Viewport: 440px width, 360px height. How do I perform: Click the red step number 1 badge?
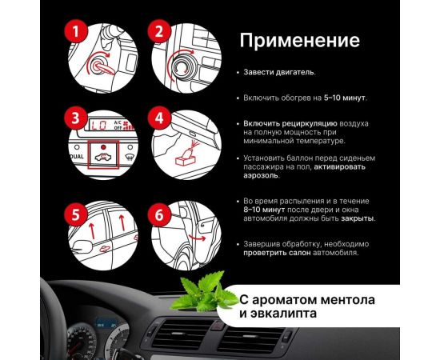coord(76,31)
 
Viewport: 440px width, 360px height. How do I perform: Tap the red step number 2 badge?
coord(159,31)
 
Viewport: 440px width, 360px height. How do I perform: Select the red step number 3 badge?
coord(76,118)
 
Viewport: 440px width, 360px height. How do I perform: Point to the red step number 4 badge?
coord(159,118)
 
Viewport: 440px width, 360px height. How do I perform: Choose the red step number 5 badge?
coord(76,214)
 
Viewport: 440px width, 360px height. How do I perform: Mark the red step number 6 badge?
coord(159,214)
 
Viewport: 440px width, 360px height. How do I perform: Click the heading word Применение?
coord(300,41)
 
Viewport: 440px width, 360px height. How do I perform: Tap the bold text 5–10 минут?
coord(345,98)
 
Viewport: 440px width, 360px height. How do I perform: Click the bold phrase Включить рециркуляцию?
coord(290,124)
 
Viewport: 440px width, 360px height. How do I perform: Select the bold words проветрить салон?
coord(277,253)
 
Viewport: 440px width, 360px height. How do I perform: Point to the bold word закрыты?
coord(358,218)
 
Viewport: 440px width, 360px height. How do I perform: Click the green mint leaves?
coord(204,292)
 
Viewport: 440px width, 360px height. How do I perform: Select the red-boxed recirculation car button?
coord(103,154)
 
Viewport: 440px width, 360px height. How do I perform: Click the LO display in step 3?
coord(99,125)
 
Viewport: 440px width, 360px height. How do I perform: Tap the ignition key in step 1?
coord(102,68)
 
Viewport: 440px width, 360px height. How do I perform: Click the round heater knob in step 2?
coord(182,66)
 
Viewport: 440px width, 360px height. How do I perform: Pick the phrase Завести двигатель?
coord(279,72)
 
